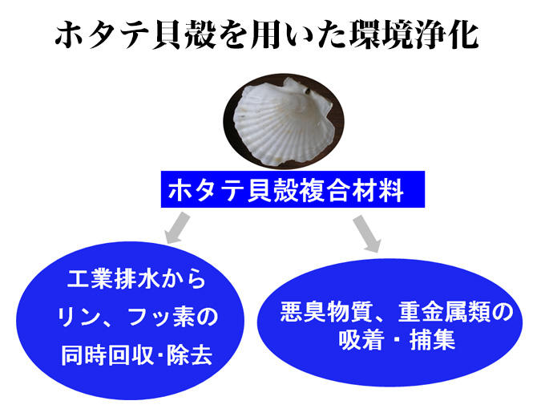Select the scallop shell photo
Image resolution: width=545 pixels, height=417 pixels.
coord(283,121)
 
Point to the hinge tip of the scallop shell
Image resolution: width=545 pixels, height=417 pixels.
coord(308,91)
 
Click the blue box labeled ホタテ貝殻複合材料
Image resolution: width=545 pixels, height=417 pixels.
coord(293,189)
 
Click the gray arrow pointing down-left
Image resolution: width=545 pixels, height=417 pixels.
coord(178,229)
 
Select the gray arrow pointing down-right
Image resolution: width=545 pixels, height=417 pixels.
coord(367,233)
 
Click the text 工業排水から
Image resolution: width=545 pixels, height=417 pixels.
coord(136,279)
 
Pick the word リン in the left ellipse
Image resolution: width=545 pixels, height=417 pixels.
coord(80,318)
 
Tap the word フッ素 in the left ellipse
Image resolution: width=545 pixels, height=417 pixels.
coord(163,318)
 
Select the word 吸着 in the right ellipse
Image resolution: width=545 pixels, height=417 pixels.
coord(361,338)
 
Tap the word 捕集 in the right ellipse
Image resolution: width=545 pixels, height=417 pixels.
coord(432,338)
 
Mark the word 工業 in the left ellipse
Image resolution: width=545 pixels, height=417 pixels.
coord(90,279)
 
